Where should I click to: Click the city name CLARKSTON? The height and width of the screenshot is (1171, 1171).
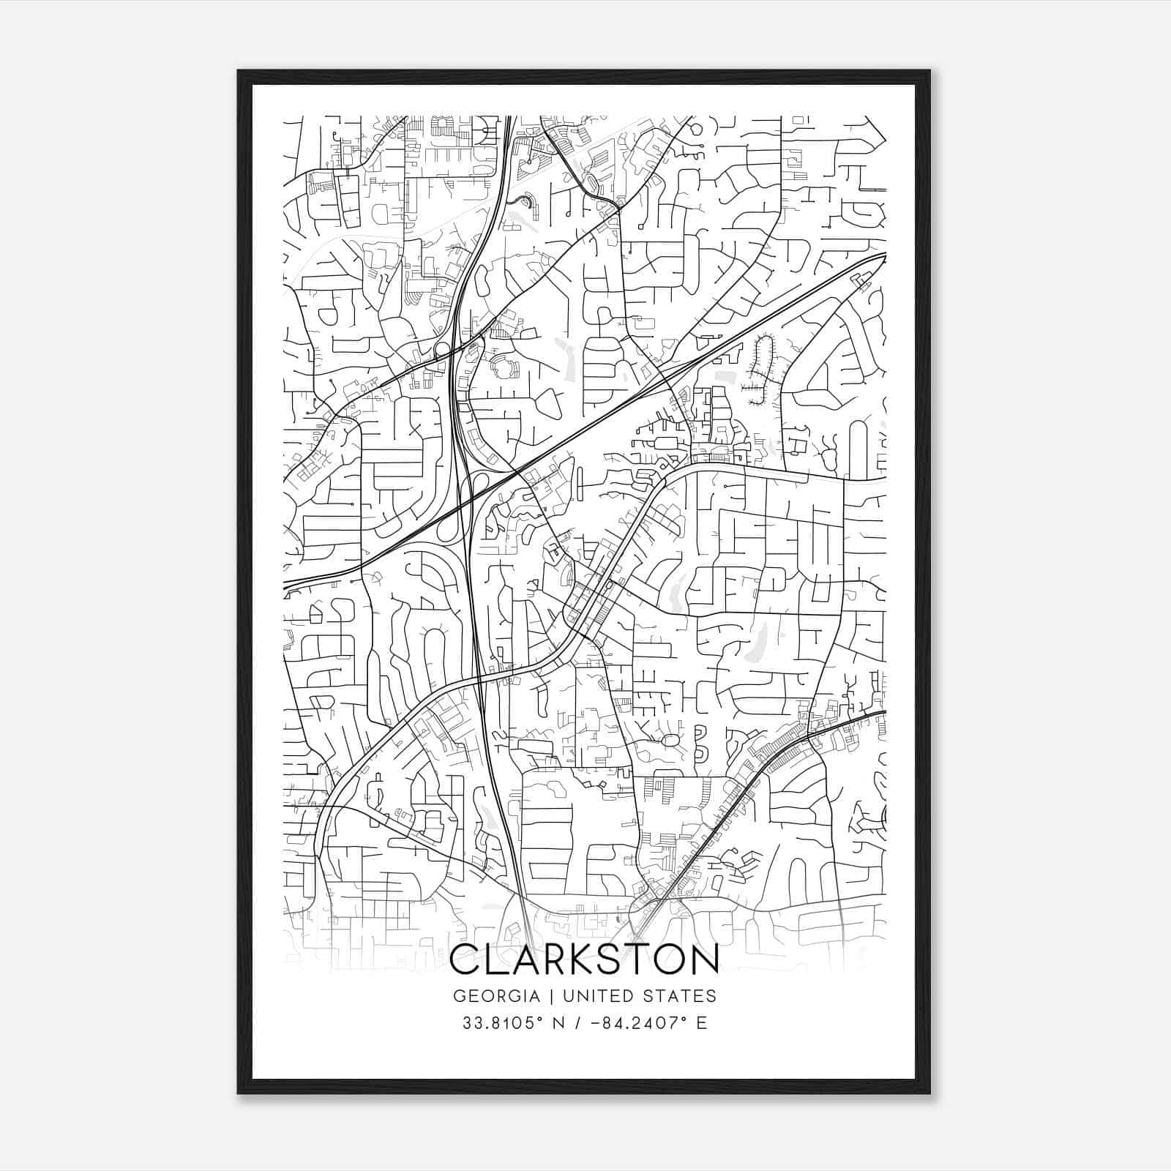pyautogui.click(x=584, y=959)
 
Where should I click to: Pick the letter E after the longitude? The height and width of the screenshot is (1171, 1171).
pyautogui.click(x=702, y=1023)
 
